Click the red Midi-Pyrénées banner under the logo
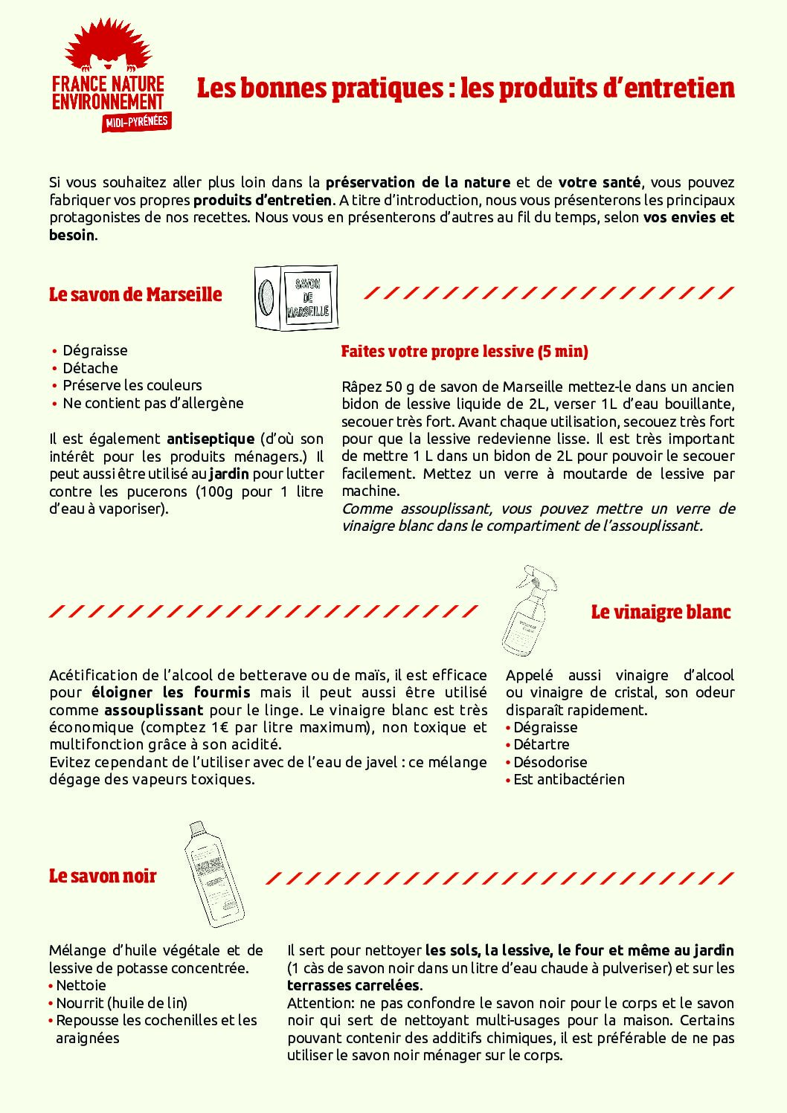(x=137, y=122)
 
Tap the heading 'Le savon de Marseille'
(x=135, y=294)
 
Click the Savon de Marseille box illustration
(x=296, y=297)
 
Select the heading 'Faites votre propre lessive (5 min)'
(x=464, y=352)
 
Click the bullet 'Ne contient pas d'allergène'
(x=152, y=403)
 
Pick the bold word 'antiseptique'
(x=211, y=439)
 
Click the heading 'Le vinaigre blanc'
(x=661, y=612)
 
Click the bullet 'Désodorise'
(x=550, y=762)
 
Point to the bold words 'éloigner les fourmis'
(x=170, y=692)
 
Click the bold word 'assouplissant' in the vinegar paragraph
(x=153, y=710)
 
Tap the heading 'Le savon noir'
(x=103, y=876)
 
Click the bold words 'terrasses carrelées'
(x=353, y=985)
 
